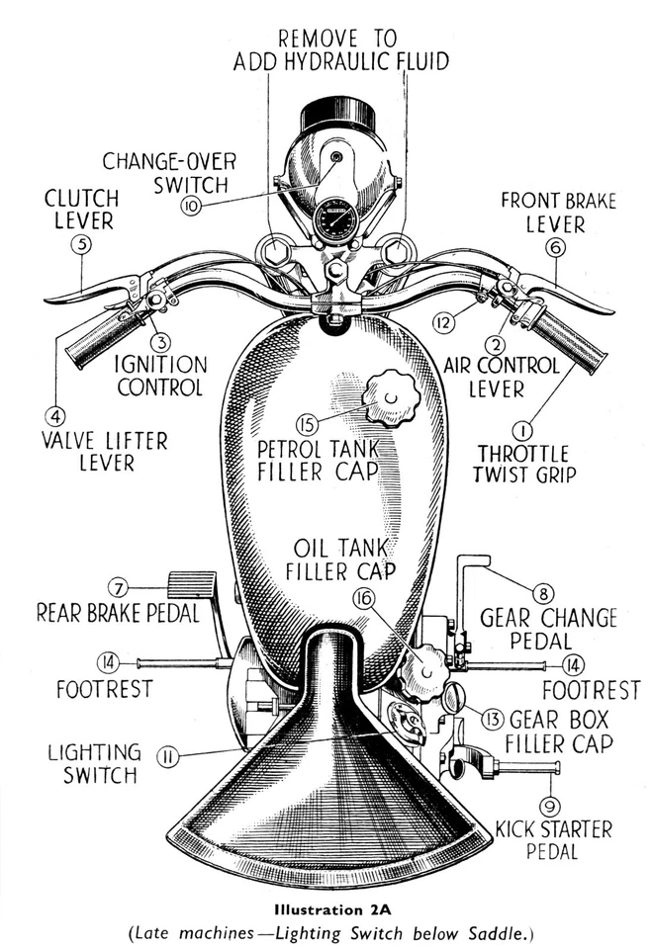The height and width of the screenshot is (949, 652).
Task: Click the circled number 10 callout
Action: (192, 205)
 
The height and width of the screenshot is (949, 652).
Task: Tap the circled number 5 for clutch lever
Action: (81, 244)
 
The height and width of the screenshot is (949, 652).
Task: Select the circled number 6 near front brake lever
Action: (556, 248)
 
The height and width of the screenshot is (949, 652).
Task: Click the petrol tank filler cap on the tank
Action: (391, 396)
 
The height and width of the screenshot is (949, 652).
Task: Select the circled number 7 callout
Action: (118, 584)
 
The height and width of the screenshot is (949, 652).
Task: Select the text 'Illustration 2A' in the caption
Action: (325, 906)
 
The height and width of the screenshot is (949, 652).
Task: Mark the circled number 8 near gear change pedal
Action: (542, 593)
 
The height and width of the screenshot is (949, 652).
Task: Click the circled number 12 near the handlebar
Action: (445, 320)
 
